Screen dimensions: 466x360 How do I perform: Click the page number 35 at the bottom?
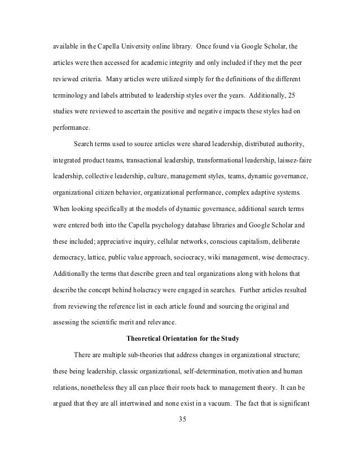181,420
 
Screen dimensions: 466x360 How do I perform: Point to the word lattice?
92,258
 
